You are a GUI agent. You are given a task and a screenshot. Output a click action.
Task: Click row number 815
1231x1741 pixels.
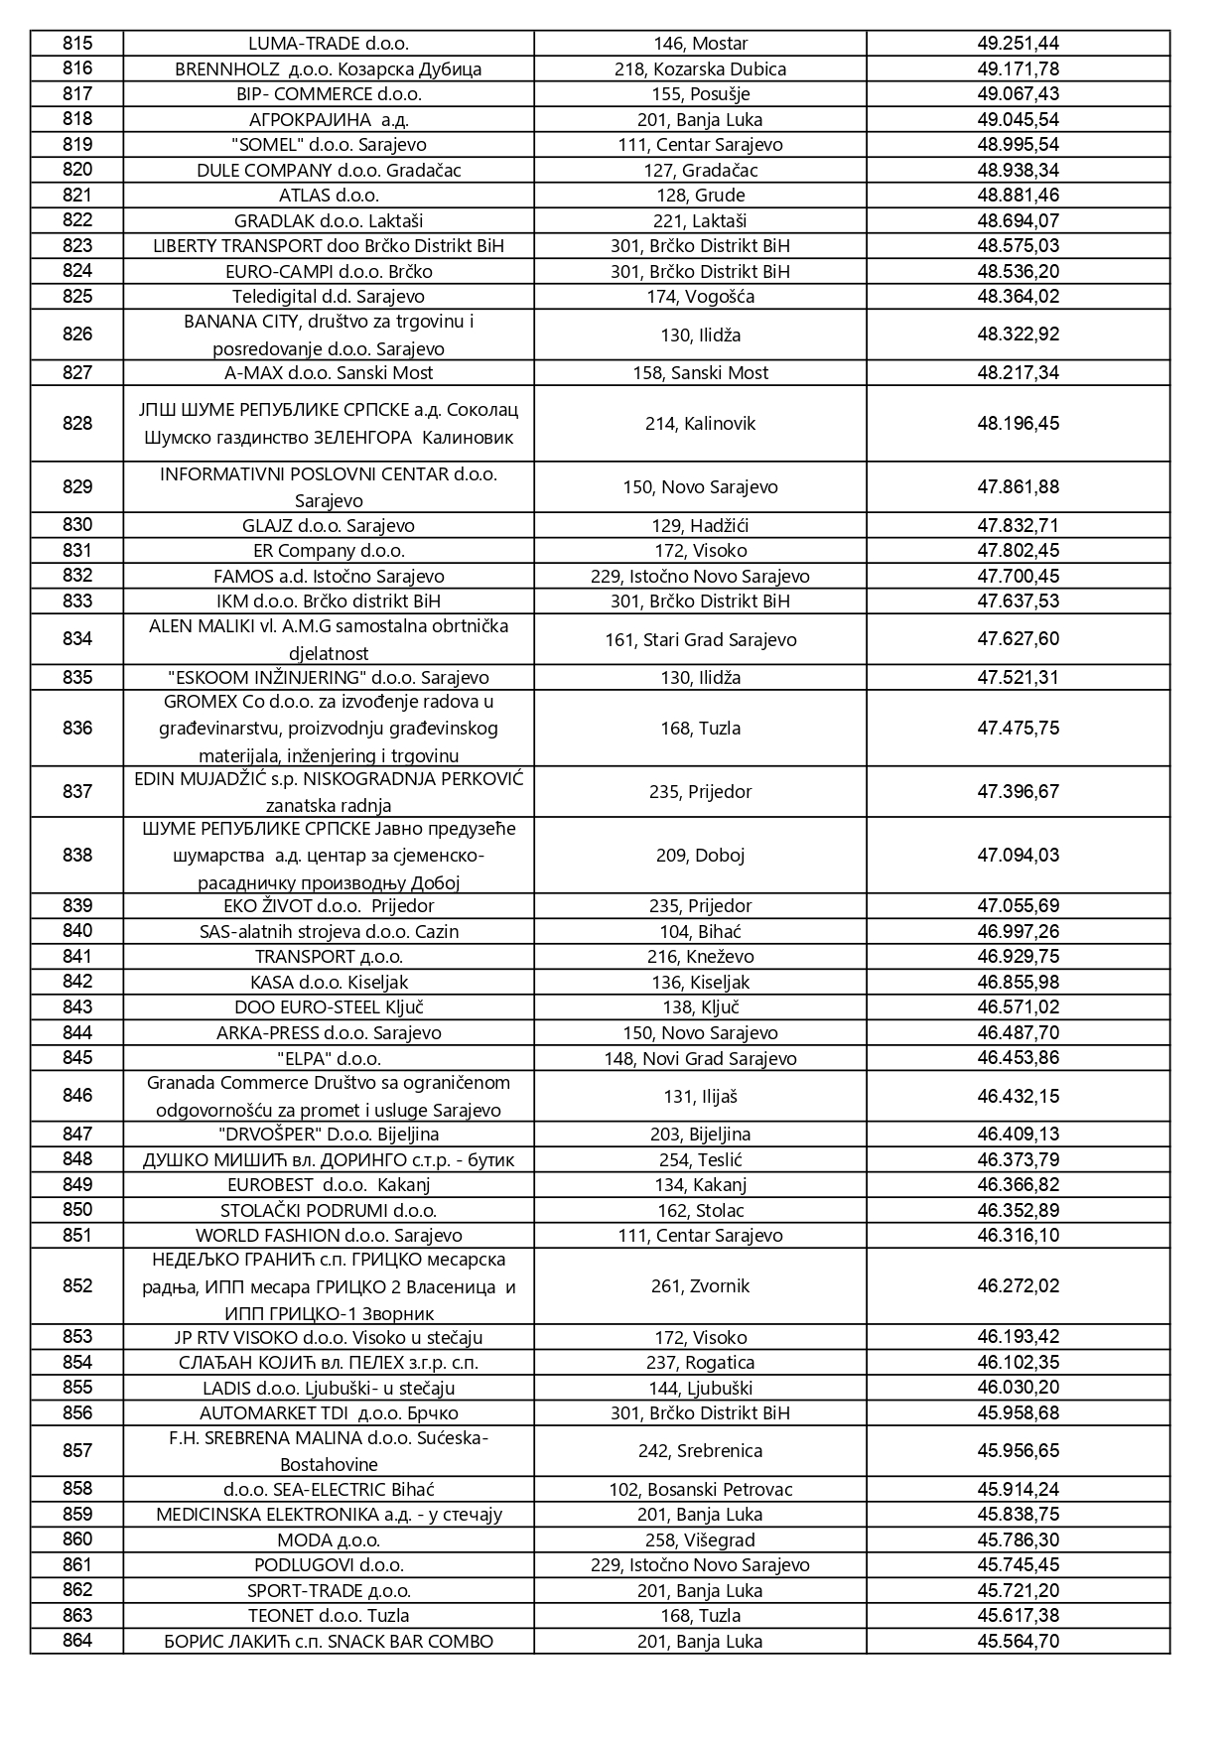[x=77, y=43]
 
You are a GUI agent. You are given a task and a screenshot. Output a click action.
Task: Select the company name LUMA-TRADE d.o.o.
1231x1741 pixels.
[x=328, y=44]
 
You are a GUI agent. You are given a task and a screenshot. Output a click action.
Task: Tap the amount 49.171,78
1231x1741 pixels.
[x=1018, y=68]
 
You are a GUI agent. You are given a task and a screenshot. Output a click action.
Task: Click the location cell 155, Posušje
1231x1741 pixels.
[x=700, y=94]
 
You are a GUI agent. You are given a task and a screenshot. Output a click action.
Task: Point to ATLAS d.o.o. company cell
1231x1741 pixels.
[x=328, y=196]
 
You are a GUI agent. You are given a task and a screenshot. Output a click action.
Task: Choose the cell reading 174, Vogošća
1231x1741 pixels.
[x=700, y=297]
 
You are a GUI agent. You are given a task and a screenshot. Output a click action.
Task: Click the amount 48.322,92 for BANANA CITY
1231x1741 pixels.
[x=1018, y=335]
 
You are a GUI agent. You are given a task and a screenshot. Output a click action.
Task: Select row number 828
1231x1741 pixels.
[x=77, y=424]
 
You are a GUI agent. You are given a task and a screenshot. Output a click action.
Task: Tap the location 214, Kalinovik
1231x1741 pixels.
[x=700, y=424]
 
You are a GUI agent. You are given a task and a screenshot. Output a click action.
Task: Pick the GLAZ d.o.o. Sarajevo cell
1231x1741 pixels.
[x=328, y=526]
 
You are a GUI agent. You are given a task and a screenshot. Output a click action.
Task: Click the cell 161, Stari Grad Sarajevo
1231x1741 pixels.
[x=700, y=640]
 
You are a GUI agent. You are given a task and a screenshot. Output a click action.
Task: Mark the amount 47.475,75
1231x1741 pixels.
[x=1018, y=729]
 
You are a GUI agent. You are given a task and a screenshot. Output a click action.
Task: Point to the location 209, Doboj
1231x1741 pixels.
[x=700, y=856]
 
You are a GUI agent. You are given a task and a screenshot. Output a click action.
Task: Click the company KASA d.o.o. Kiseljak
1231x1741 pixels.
[x=328, y=983]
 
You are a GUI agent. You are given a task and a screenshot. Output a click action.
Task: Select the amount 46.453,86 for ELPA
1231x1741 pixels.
[x=1018, y=1058]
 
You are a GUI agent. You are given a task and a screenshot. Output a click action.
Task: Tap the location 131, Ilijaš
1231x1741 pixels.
[x=700, y=1097]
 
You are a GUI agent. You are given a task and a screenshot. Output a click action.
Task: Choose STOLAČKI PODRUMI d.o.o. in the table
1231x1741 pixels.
[x=328, y=1211]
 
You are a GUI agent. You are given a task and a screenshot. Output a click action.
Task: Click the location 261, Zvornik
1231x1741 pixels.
[x=700, y=1286]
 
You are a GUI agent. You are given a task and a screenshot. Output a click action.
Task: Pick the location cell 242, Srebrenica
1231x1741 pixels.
[x=700, y=1451]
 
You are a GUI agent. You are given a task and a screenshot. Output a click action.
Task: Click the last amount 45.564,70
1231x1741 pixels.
[x=1018, y=1642]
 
